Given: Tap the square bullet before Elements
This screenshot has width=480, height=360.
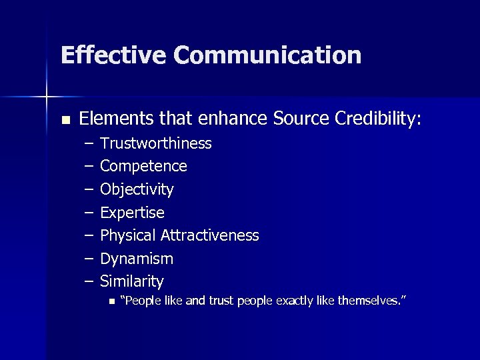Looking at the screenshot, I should [65, 120].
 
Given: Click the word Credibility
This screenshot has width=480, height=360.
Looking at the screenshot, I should [378, 119].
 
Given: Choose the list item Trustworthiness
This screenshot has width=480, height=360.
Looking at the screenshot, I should [155, 143].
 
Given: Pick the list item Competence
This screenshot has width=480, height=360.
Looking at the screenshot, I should [143, 166].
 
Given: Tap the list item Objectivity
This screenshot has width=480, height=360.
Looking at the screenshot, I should [137, 189].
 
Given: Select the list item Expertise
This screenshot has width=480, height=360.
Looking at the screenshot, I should [132, 213].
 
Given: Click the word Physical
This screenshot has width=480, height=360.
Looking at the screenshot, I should [127, 235].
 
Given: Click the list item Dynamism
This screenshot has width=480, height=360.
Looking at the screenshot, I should [136, 259].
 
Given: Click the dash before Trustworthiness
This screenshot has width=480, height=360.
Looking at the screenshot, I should [89, 143].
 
